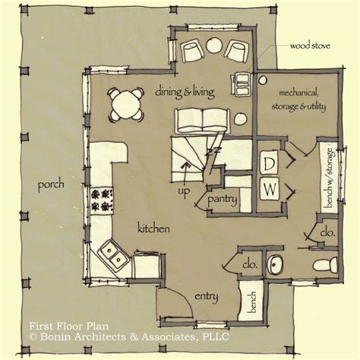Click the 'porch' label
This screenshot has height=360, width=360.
point(51,185)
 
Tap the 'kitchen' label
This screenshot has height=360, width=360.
point(153,229)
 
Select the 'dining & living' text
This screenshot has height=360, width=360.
point(185,92)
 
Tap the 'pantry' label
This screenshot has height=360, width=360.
point(222,200)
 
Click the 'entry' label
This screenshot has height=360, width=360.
point(207,296)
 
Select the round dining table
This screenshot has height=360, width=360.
point(126,104)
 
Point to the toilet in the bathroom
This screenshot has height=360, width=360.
point(325,265)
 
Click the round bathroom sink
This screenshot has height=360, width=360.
point(276,264)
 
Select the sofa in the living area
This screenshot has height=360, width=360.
point(202,122)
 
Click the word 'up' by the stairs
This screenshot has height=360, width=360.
point(184,191)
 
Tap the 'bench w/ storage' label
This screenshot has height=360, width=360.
point(330,178)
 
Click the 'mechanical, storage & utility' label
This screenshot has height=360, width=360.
point(298,99)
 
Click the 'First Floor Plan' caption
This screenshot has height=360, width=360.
point(69,326)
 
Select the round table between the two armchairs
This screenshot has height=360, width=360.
point(214,45)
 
